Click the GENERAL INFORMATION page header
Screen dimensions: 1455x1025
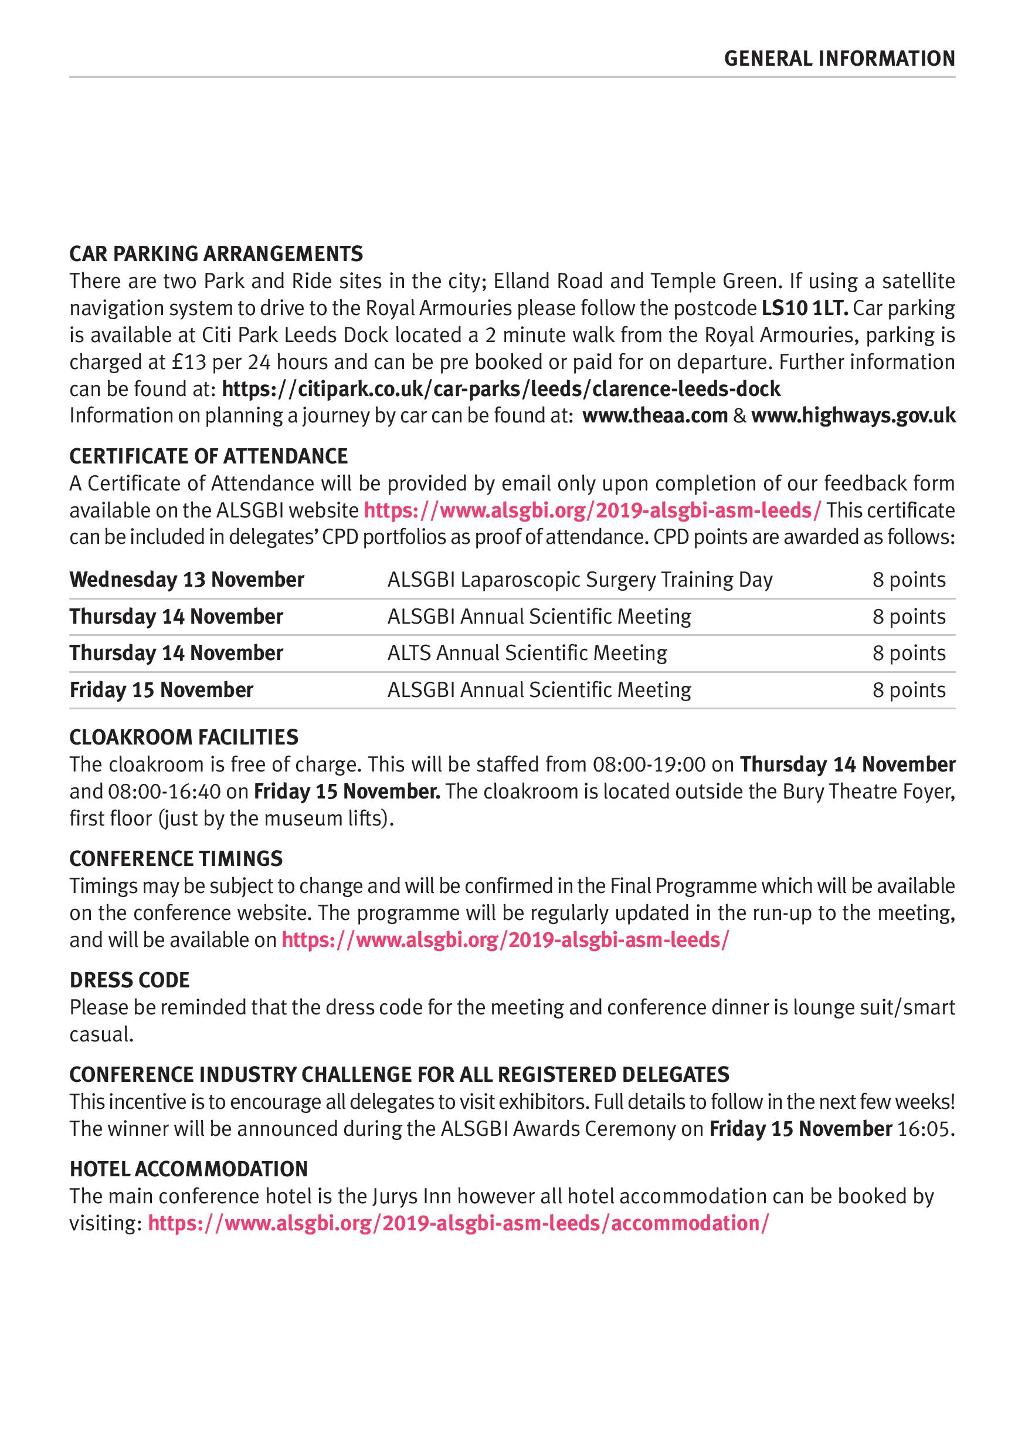839,59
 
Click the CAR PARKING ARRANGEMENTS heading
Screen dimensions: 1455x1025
216,253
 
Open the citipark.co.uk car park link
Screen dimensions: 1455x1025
501,388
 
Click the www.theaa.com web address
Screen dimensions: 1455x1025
655,416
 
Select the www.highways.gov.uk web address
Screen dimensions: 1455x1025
853,416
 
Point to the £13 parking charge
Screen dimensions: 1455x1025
186,362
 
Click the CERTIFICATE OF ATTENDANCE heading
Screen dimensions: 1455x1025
208,456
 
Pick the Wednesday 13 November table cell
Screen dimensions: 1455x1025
187,580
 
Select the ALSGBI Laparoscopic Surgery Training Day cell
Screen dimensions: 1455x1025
580,580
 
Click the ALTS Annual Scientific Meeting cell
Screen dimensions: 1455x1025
527,654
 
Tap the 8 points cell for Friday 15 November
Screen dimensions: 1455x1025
908,690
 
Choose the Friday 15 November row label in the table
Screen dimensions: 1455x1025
161,690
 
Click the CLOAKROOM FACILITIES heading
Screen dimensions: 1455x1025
184,737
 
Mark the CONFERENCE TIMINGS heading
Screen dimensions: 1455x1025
176,859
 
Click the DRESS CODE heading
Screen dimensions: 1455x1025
130,980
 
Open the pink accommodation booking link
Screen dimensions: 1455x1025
458,1223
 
